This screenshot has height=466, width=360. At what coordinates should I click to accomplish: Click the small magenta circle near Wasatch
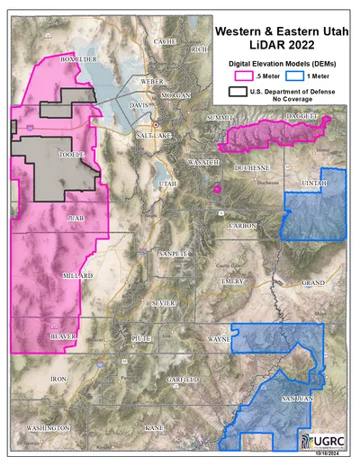[x=217, y=189]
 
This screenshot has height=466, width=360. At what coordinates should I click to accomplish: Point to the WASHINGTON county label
[x=48, y=427]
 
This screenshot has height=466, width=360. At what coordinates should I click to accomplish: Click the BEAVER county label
[x=62, y=335]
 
